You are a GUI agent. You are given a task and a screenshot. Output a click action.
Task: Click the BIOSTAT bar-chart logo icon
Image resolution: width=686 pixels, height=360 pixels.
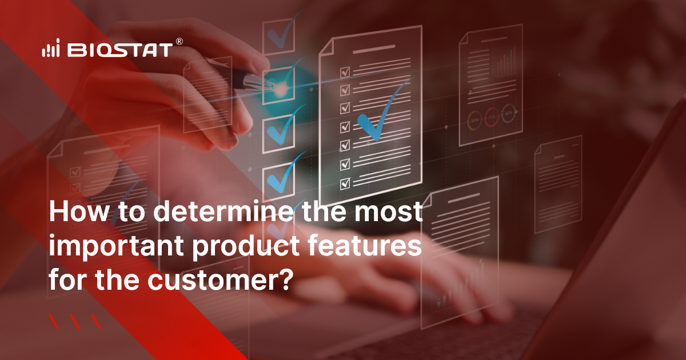50,50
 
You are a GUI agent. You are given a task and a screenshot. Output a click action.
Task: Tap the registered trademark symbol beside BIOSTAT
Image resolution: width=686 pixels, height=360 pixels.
179,42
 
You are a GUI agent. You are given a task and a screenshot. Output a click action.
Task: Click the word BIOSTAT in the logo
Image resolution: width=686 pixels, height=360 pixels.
119,50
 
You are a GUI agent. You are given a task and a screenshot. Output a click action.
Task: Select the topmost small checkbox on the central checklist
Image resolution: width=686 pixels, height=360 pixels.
345,72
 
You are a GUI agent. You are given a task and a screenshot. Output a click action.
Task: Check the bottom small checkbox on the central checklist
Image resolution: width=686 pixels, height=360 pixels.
345,183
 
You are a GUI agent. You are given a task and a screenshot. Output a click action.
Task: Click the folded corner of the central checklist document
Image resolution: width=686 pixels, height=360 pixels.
327,48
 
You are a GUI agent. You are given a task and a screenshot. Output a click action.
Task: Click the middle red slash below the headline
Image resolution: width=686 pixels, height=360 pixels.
75,322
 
